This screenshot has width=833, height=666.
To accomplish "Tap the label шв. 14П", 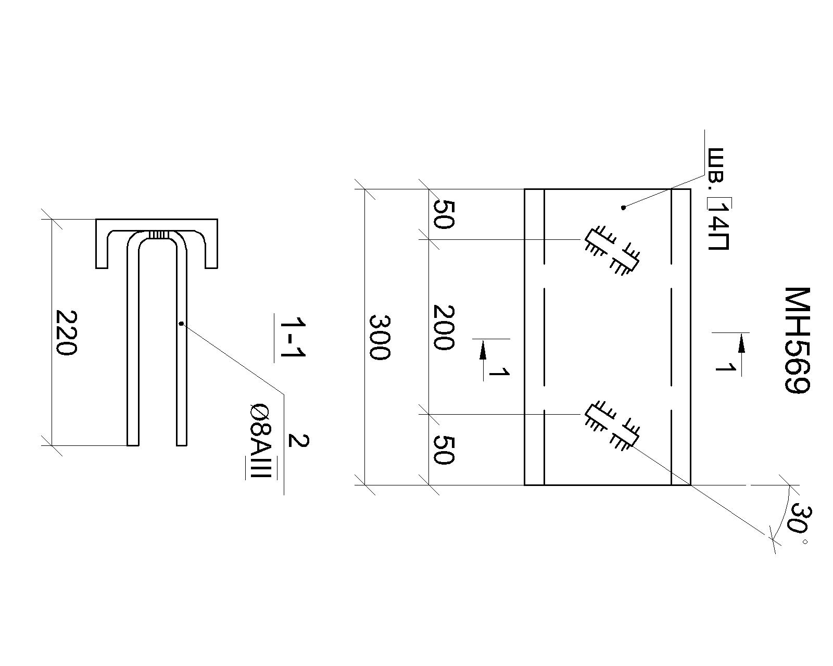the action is [x=718, y=199].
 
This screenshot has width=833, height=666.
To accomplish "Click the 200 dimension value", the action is [x=443, y=327].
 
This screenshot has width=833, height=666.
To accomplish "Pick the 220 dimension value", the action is [x=66, y=332].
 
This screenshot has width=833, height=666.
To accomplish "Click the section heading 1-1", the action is [x=293, y=337].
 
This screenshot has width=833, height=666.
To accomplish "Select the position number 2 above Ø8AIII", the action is [x=298, y=441].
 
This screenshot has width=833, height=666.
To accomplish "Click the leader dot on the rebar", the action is [x=181, y=323].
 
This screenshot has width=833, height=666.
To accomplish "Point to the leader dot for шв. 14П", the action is [x=623, y=208].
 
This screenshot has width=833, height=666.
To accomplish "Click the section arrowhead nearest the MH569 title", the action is [x=742, y=343].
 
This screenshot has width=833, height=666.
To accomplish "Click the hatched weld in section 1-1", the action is [x=159, y=235].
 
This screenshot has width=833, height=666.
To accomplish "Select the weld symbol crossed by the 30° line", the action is [x=612, y=426].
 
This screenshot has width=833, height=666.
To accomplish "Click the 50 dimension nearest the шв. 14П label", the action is [x=443, y=214].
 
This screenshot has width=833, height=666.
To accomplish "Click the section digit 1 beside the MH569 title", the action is [x=724, y=367].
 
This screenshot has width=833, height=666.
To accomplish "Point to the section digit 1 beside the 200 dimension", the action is [x=499, y=372].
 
